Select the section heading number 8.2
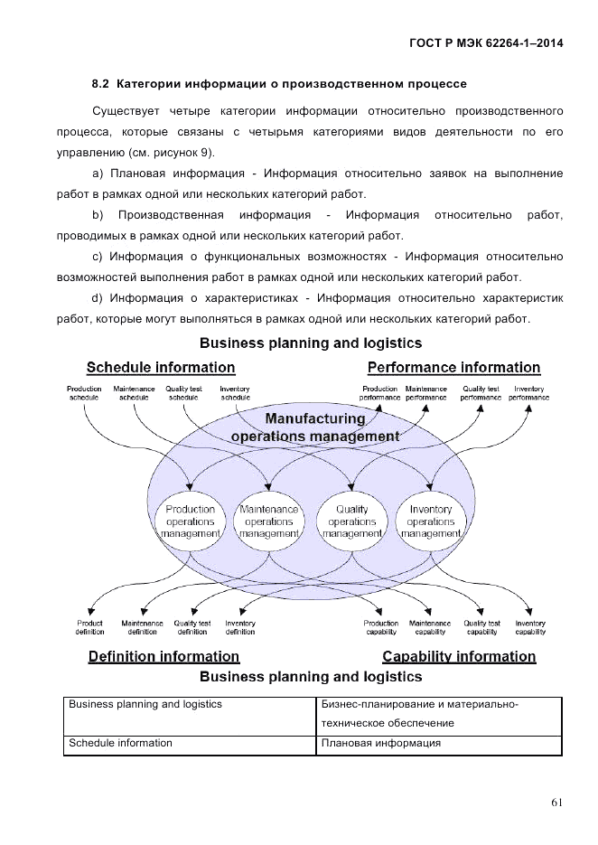coord(100,84)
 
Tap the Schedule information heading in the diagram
coord(161,367)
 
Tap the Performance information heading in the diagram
coord(453,367)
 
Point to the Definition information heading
coord(171,656)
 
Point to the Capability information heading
coord(459,656)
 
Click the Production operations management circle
coord(191,522)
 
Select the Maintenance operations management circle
coord(268,522)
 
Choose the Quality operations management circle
coord(351,522)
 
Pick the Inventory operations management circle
coord(430,522)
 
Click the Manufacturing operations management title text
coord(314,427)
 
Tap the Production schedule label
coord(85,393)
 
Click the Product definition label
coord(90,627)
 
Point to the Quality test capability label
coord(481,627)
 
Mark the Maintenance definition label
coord(142,627)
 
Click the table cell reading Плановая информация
coord(380,743)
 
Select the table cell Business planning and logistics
coord(145,704)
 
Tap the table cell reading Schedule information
coord(121,743)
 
